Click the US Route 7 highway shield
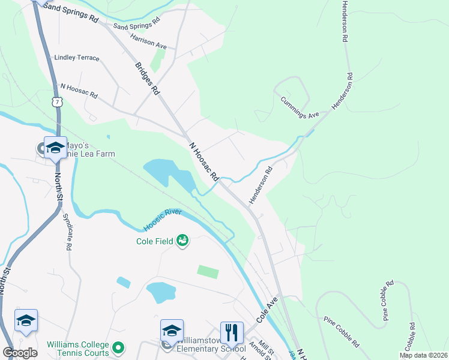coord(56,102)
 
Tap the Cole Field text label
coord(155,241)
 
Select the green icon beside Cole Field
coord(182,241)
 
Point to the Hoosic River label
coord(162,220)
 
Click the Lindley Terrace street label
coord(77,58)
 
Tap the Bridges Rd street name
coord(148,79)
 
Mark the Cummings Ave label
coord(299,107)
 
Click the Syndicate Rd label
coord(69,234)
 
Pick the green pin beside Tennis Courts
coord(118,347)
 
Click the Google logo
coord(20,353)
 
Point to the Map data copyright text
coord(423,355)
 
